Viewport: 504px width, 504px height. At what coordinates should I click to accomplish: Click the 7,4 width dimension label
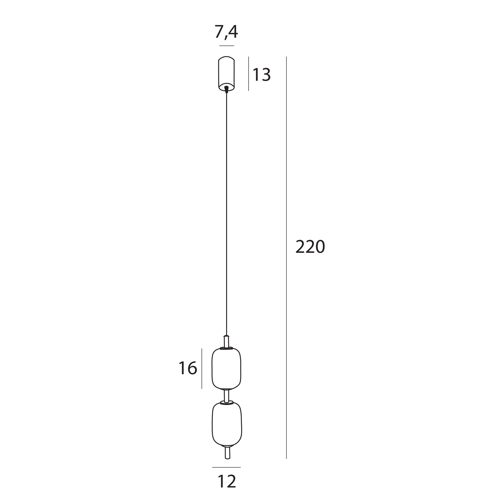[x=226, y=32]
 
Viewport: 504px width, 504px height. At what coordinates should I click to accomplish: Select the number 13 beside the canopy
[x=262, y=75]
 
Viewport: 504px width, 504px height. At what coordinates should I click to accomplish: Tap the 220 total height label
[x=310, y=246]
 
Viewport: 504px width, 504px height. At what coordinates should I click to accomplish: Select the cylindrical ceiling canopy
[x=227, y=74]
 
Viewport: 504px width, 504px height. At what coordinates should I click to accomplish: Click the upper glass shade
[x=226, y=368]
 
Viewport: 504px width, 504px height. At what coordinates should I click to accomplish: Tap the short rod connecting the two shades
[x=227, y=396]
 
